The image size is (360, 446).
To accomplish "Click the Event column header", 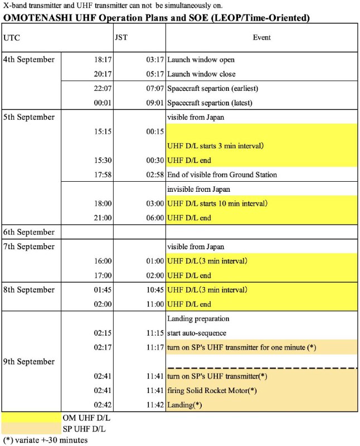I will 261,37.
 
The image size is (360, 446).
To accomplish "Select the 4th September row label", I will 29,60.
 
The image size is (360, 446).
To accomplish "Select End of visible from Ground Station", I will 222,175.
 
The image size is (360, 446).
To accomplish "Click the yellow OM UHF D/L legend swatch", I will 31,417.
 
